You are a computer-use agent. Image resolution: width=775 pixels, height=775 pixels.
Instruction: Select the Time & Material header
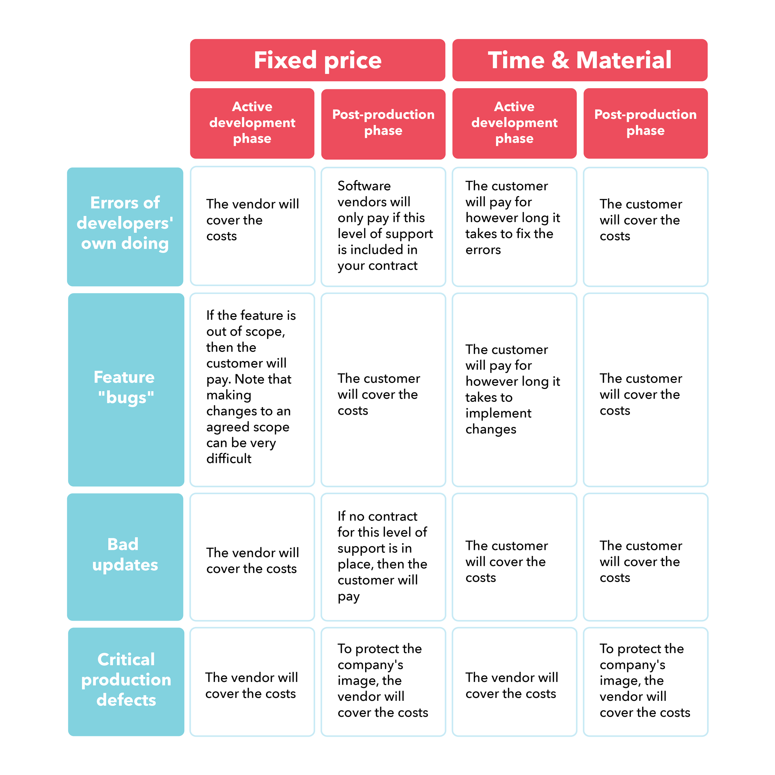(580, 60)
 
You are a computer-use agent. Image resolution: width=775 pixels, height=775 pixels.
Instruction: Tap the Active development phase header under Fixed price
(252, 123)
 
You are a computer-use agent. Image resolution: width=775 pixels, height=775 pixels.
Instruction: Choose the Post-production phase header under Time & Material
(646, 123)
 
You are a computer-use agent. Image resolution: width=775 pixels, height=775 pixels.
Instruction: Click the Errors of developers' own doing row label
(125, 227)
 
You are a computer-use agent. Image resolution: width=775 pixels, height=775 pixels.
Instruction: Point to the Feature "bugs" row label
(126, 389)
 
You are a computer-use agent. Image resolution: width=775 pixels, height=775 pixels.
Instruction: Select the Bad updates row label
(125, 557)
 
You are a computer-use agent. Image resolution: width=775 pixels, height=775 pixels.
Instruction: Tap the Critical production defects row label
(126, 682)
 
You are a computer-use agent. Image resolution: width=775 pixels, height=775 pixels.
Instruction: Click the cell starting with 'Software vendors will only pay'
(383, 227)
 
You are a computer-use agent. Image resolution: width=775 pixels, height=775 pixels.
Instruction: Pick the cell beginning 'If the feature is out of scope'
(252, 389)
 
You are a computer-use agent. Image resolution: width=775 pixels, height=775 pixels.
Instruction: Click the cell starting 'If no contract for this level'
(383, 557)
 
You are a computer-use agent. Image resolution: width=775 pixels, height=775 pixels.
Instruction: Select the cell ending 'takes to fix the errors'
(515, 227)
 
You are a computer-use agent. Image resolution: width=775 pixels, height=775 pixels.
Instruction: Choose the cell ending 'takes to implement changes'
(515, 389)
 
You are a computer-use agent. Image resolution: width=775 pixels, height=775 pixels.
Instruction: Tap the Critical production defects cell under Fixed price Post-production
(383, 682)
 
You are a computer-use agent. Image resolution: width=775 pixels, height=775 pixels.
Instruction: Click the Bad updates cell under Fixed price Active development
(252, 557)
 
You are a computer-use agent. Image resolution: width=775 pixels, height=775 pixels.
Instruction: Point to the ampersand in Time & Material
(560, 61)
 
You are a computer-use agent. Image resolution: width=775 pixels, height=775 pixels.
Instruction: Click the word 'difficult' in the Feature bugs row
(229, 459)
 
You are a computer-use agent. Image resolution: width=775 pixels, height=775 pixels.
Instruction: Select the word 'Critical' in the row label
(126, 660)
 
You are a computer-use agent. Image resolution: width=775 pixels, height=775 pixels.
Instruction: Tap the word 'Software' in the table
(364, 186)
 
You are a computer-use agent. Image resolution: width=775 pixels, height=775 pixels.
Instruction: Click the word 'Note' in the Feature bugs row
(250, 379)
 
